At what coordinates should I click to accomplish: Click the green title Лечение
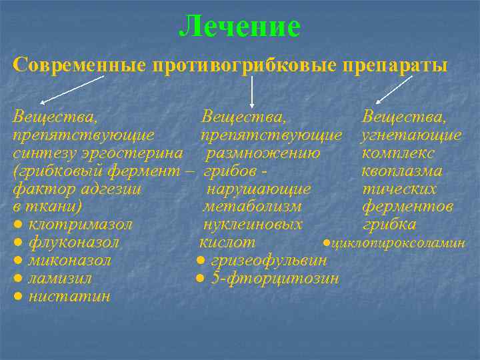click(240, 27)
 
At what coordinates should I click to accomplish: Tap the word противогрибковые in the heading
click(247, 65)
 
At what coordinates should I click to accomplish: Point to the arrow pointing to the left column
click(71, 89)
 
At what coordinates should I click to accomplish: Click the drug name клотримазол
click(81, 224)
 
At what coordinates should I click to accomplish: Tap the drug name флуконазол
click(75, 242)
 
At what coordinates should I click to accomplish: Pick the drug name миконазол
click(71, 260)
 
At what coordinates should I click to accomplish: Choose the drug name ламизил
click(61, 278)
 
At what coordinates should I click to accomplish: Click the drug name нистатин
click(70, 296)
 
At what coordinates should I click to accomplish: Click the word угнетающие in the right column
click(411, 135)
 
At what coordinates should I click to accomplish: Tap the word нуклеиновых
click(253, 225)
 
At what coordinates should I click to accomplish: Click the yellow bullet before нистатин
click(19, 296)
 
